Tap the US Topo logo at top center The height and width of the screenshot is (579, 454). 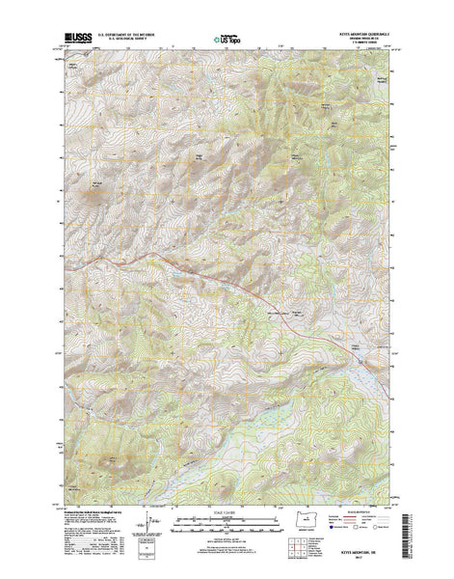(227, 41)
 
